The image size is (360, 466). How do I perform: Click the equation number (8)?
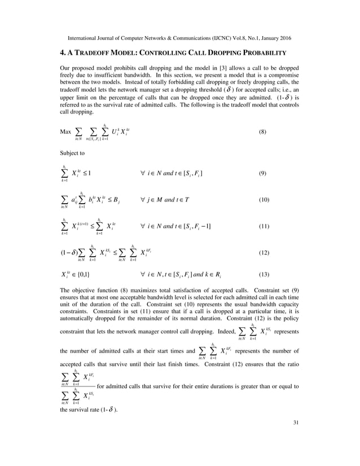pyautogui.click(x=262, y=133)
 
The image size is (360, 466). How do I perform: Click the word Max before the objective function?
pyautogui.click(x=65, y=133)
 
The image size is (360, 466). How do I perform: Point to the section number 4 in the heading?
pyautogui.click(x=62, y=53)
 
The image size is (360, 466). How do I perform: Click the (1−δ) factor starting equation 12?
pyautogui.click(x=69, y=253)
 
